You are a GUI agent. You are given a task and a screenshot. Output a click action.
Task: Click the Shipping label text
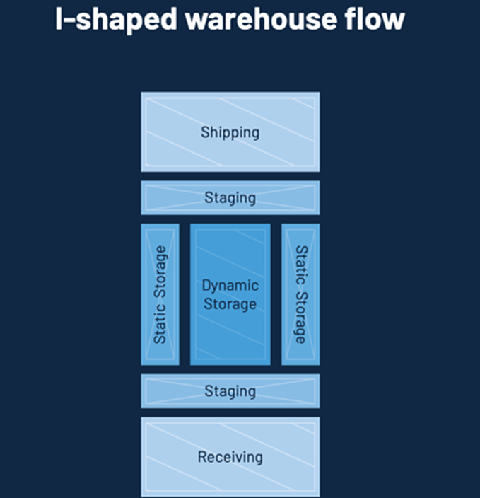pos(230,132)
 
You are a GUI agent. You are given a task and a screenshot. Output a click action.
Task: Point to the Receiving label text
pos(230,457)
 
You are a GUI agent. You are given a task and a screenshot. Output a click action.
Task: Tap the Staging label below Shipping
pos(230,197)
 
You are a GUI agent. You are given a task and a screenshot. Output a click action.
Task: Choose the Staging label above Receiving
pos(230,391)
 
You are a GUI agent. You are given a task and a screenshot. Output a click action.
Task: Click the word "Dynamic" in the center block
pos(230,286)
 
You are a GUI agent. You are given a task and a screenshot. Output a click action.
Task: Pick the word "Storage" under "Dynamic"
pos(230,304)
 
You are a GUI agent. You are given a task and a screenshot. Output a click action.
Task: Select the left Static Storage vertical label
pos(160,294)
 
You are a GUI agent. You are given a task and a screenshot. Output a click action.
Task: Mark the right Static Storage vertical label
pos(300,294)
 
